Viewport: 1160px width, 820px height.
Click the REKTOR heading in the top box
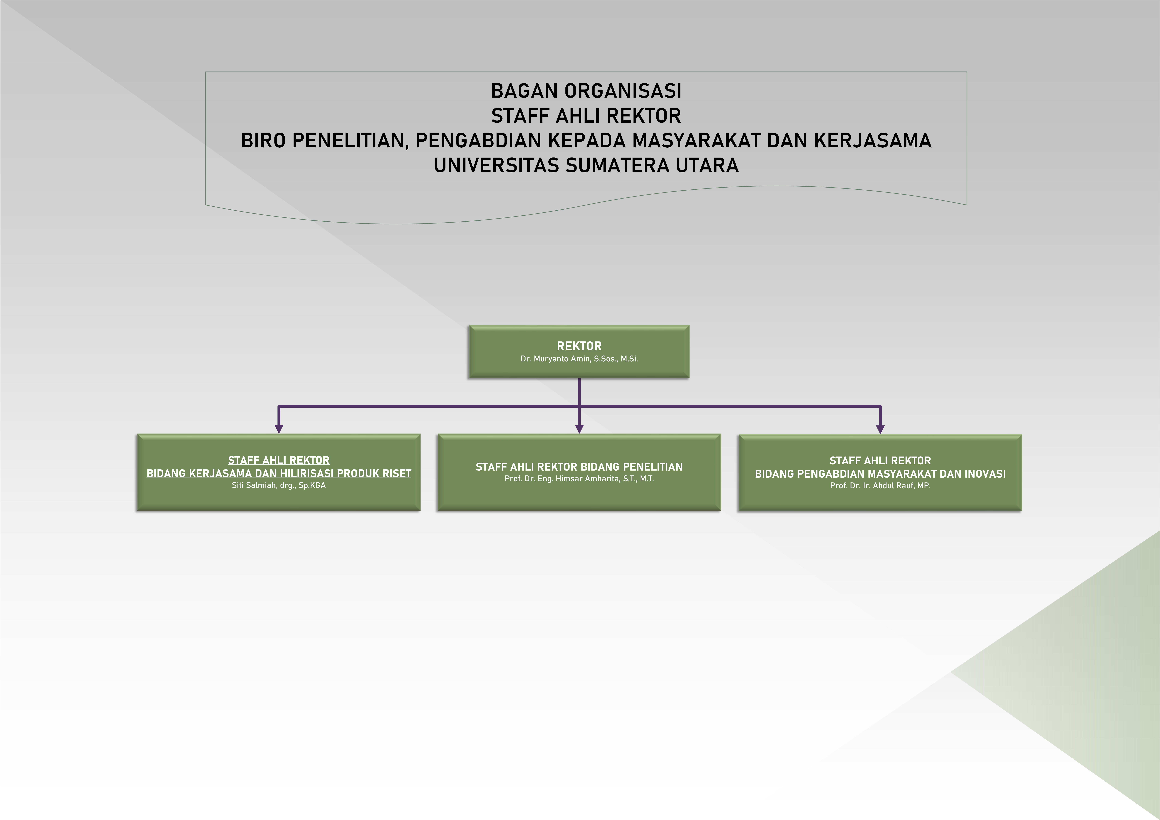tap(579, 346)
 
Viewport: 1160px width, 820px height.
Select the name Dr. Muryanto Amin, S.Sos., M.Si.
tap(579, 359)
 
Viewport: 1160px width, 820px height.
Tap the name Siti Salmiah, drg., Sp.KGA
tap(278, 485)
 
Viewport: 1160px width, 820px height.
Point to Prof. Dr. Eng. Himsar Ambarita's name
tap(579, 478)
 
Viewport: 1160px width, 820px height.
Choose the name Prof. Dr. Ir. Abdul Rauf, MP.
tap(880, 486)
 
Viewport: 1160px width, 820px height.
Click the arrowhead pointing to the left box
tap(278, 428)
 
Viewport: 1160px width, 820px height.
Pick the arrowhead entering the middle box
tap(579, 428)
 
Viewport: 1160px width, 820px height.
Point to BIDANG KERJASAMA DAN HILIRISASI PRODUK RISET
tap(278, 473)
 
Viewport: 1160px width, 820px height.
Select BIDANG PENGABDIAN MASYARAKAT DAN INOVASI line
tap(880, 474)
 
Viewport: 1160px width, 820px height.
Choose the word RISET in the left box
tap(398, 473)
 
